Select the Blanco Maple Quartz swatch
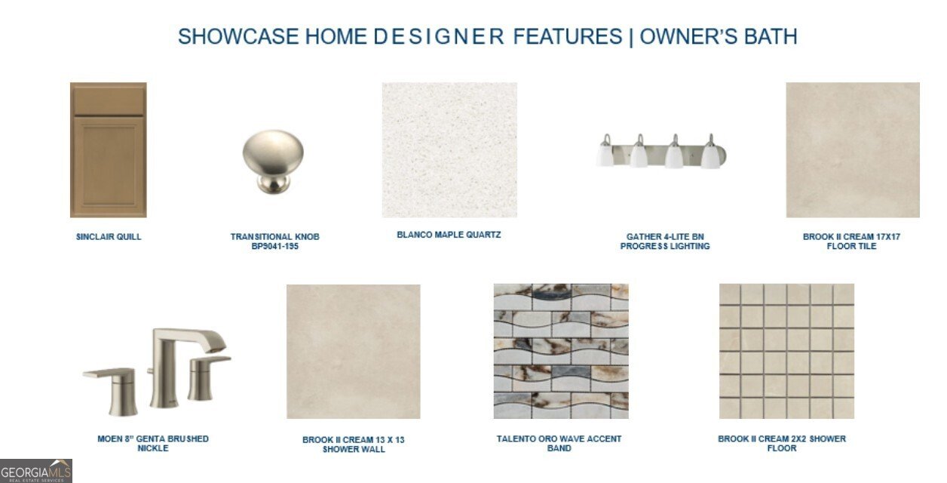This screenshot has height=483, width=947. [449, 149]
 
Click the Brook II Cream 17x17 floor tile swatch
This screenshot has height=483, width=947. [853, 149]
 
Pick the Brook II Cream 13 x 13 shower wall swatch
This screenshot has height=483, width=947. [353, 351]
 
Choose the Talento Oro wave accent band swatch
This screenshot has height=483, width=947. [561, 351]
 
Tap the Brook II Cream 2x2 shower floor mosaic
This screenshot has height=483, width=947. [786, 351]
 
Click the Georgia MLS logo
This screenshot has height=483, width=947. [36, 471]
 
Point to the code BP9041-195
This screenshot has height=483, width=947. [274, 246]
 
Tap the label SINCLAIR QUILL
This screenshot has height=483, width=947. [109, 236]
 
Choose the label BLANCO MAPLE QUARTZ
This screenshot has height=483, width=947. [449, 235]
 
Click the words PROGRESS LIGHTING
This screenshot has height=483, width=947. [665, 246]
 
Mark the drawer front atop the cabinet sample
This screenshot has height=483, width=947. [108, 99]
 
